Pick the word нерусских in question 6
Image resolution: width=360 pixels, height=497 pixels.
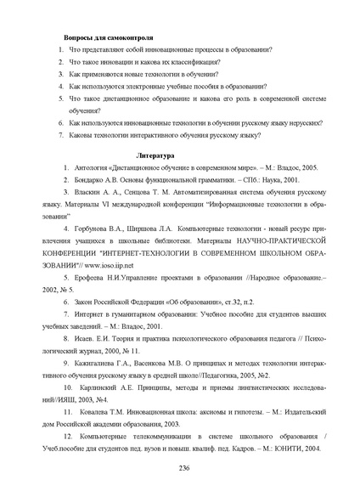306,122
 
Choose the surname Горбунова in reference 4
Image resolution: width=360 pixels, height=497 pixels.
94,229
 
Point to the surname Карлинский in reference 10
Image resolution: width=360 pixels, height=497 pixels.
100,386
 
